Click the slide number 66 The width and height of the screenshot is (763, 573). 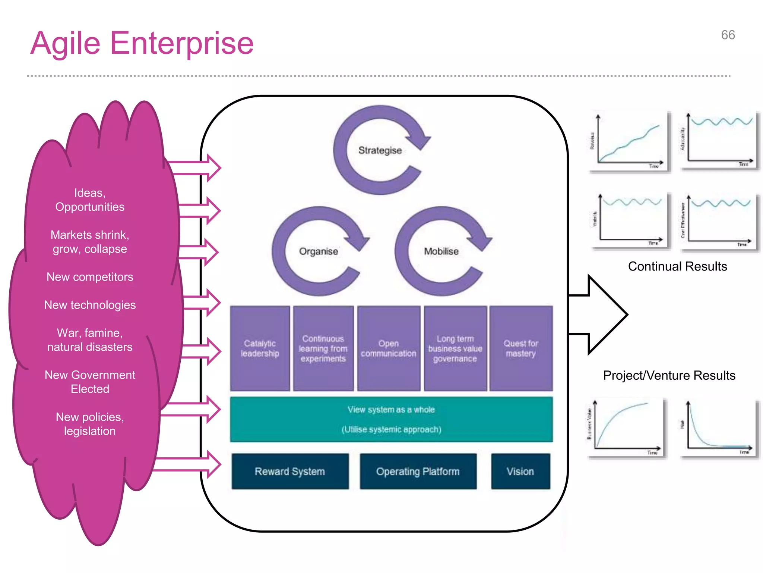728,35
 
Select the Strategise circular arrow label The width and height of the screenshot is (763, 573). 380,150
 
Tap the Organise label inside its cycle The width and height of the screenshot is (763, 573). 319,251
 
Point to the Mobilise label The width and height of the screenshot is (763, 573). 441,251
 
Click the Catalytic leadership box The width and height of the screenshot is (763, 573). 260,348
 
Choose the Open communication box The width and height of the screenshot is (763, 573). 389,348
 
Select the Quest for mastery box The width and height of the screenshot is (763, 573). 521,348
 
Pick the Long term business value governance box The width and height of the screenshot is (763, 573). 455,348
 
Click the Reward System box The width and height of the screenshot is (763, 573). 290,472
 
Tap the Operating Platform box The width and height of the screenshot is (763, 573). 418,472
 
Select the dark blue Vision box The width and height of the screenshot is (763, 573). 520,472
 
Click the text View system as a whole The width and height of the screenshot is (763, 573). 391,410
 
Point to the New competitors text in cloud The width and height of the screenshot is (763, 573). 90,277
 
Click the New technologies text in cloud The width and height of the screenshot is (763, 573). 90,305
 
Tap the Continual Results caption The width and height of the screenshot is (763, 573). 677,266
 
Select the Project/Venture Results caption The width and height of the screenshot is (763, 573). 669,375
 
